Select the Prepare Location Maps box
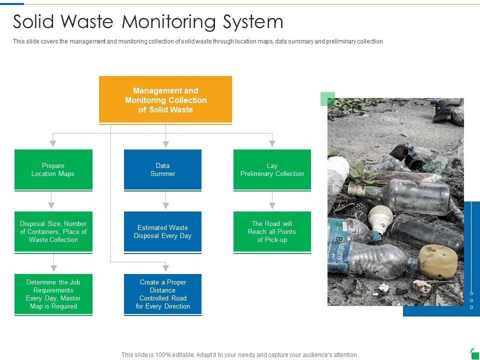(x=53, y=169)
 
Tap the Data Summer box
(x=162, y=169)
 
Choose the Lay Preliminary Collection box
(x=272, y=169)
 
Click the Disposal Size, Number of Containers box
(x=53, y=231)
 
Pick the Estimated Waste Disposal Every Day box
(x=162, y=231)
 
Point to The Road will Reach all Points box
(x=272, y=231)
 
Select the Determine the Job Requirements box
(x=53, y=294)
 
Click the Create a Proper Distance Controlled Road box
(x=162, y=294)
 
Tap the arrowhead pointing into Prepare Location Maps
(x=53, y=143)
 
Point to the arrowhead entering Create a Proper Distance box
(x=165, y=267)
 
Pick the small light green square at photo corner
(x=327, y=99)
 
